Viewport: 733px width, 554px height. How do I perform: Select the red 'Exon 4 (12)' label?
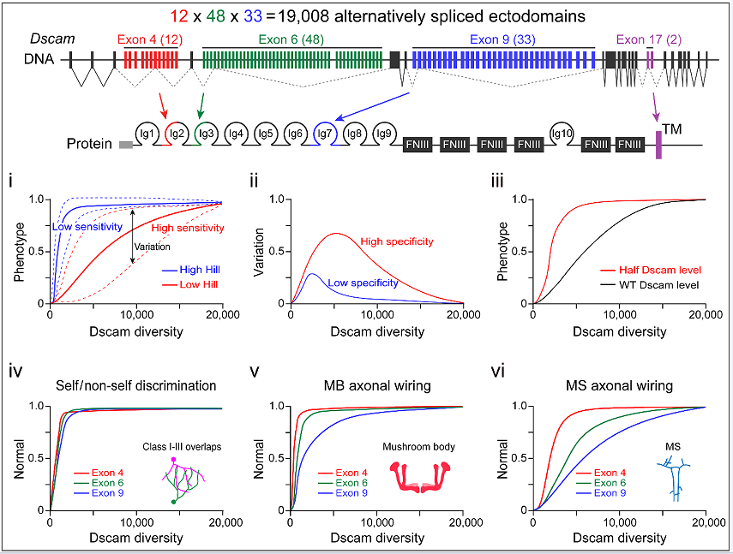(x=151, y=39)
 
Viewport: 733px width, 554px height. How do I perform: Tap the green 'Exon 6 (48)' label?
(x=292, y=39)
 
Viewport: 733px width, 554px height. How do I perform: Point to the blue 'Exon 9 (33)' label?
(x=504, y=39)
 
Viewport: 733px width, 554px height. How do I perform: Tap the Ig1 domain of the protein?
(x=147, y=134)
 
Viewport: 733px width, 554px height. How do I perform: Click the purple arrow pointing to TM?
(x=655, y=107)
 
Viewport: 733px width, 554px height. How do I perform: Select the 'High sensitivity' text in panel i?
(x=187, y=228)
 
